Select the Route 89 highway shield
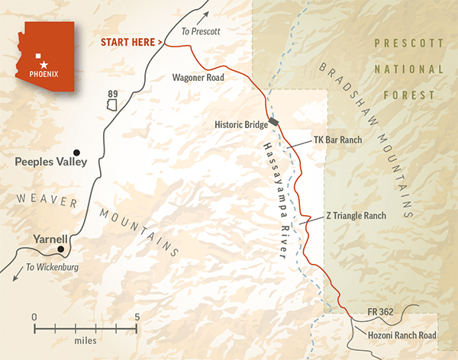(112, 97)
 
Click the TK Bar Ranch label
(337, 141)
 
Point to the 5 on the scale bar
(137, 315)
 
